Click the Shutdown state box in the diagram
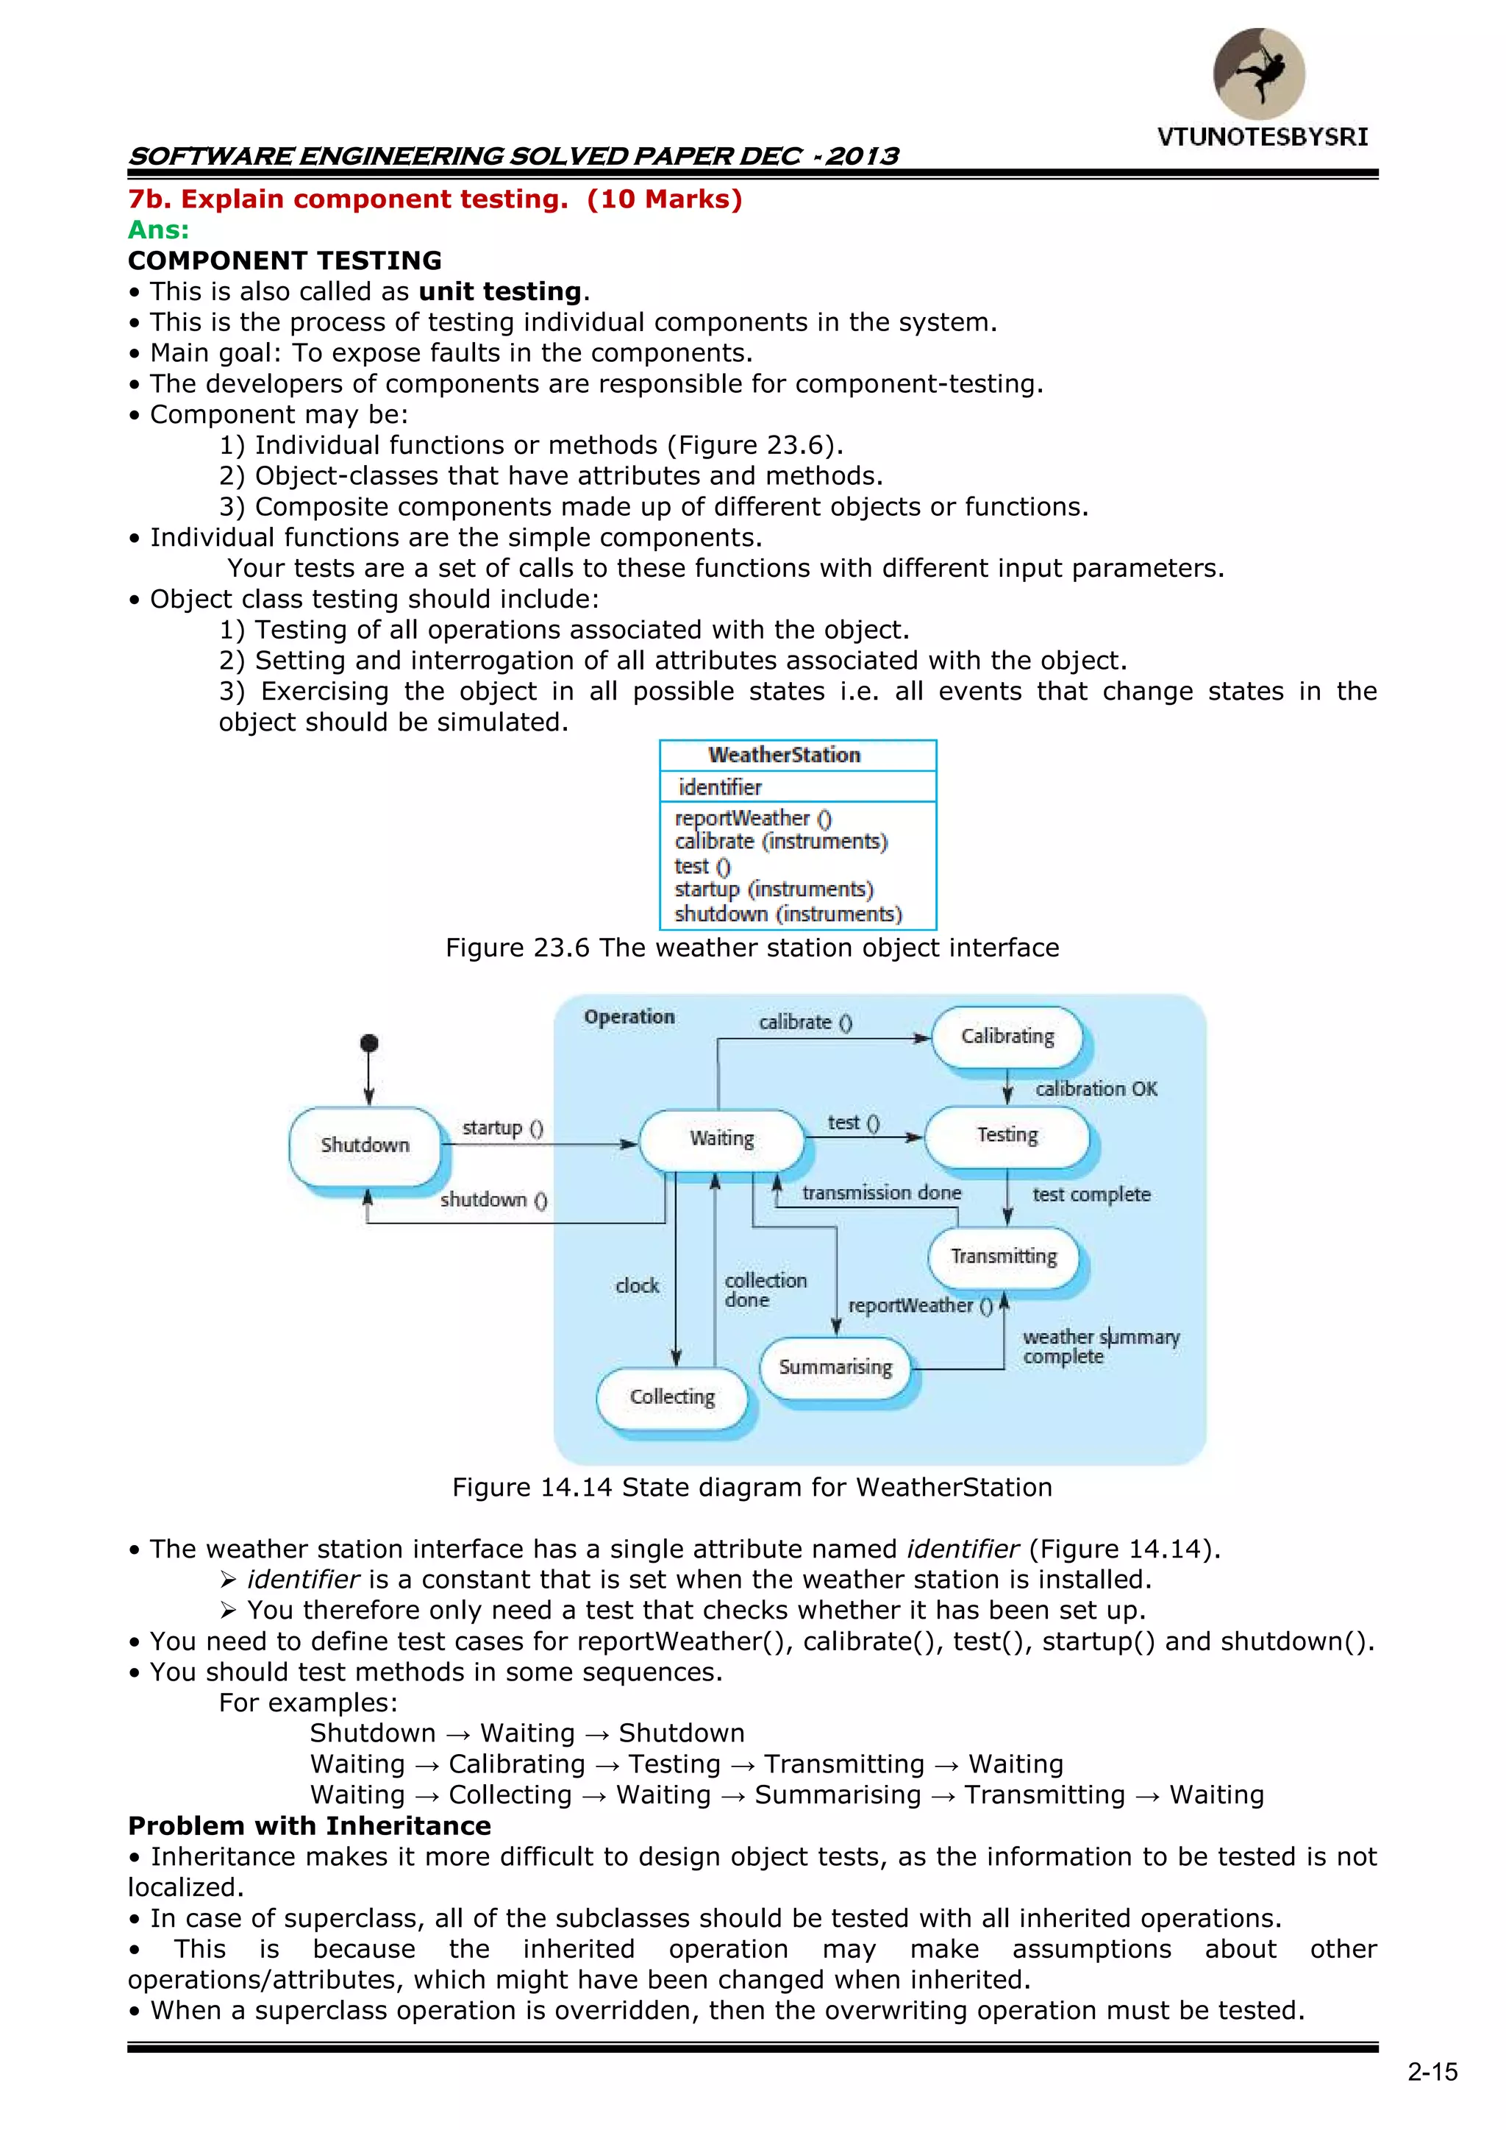coord(365,1145)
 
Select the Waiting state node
coord(721,1138)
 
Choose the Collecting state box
coord(672,1397)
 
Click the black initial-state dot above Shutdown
coord(369,1043)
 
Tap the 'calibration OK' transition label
coord(1096,1089)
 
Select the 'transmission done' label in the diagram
coord(881,1193)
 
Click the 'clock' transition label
coord(637,1286)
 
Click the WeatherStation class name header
coord(785,755)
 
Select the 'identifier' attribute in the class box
coord(720,787)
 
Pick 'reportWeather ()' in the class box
coord(753,818)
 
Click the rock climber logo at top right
coord(1260,74)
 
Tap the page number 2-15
coord(1432,2073)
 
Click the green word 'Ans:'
coord(159,230)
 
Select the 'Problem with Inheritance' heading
coord(310,1825)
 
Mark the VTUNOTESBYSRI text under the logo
coord(1262,138)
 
